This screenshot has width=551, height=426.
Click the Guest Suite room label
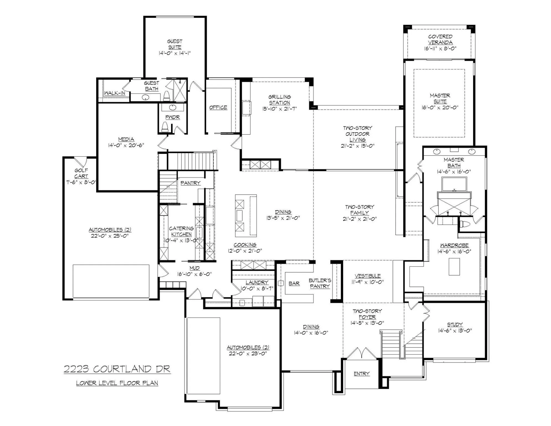(175, 44)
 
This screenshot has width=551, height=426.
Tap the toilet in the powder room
(165, 127)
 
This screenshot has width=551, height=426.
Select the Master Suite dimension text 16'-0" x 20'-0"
(440, 108)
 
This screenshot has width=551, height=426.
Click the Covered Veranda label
(440, 39)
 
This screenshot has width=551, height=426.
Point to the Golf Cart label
(81, 173)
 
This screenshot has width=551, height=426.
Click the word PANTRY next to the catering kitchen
(190, 183)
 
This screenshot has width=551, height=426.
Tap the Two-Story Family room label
(359, 210)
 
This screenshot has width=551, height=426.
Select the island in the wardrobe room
(454, 267)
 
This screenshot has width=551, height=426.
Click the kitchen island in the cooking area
(246, 215)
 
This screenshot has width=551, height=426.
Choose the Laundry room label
(257, 282)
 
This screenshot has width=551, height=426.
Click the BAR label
(294, 283)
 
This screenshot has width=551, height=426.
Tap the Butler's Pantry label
(320, 283)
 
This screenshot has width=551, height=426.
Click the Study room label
(455, 324)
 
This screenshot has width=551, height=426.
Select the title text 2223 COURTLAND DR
(117, 369)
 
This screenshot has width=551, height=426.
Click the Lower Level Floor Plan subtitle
(117, 383)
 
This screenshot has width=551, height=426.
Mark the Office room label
(218, 108)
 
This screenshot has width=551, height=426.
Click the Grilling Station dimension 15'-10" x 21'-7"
(279, 109)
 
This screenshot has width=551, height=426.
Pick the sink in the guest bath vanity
(146, 97)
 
